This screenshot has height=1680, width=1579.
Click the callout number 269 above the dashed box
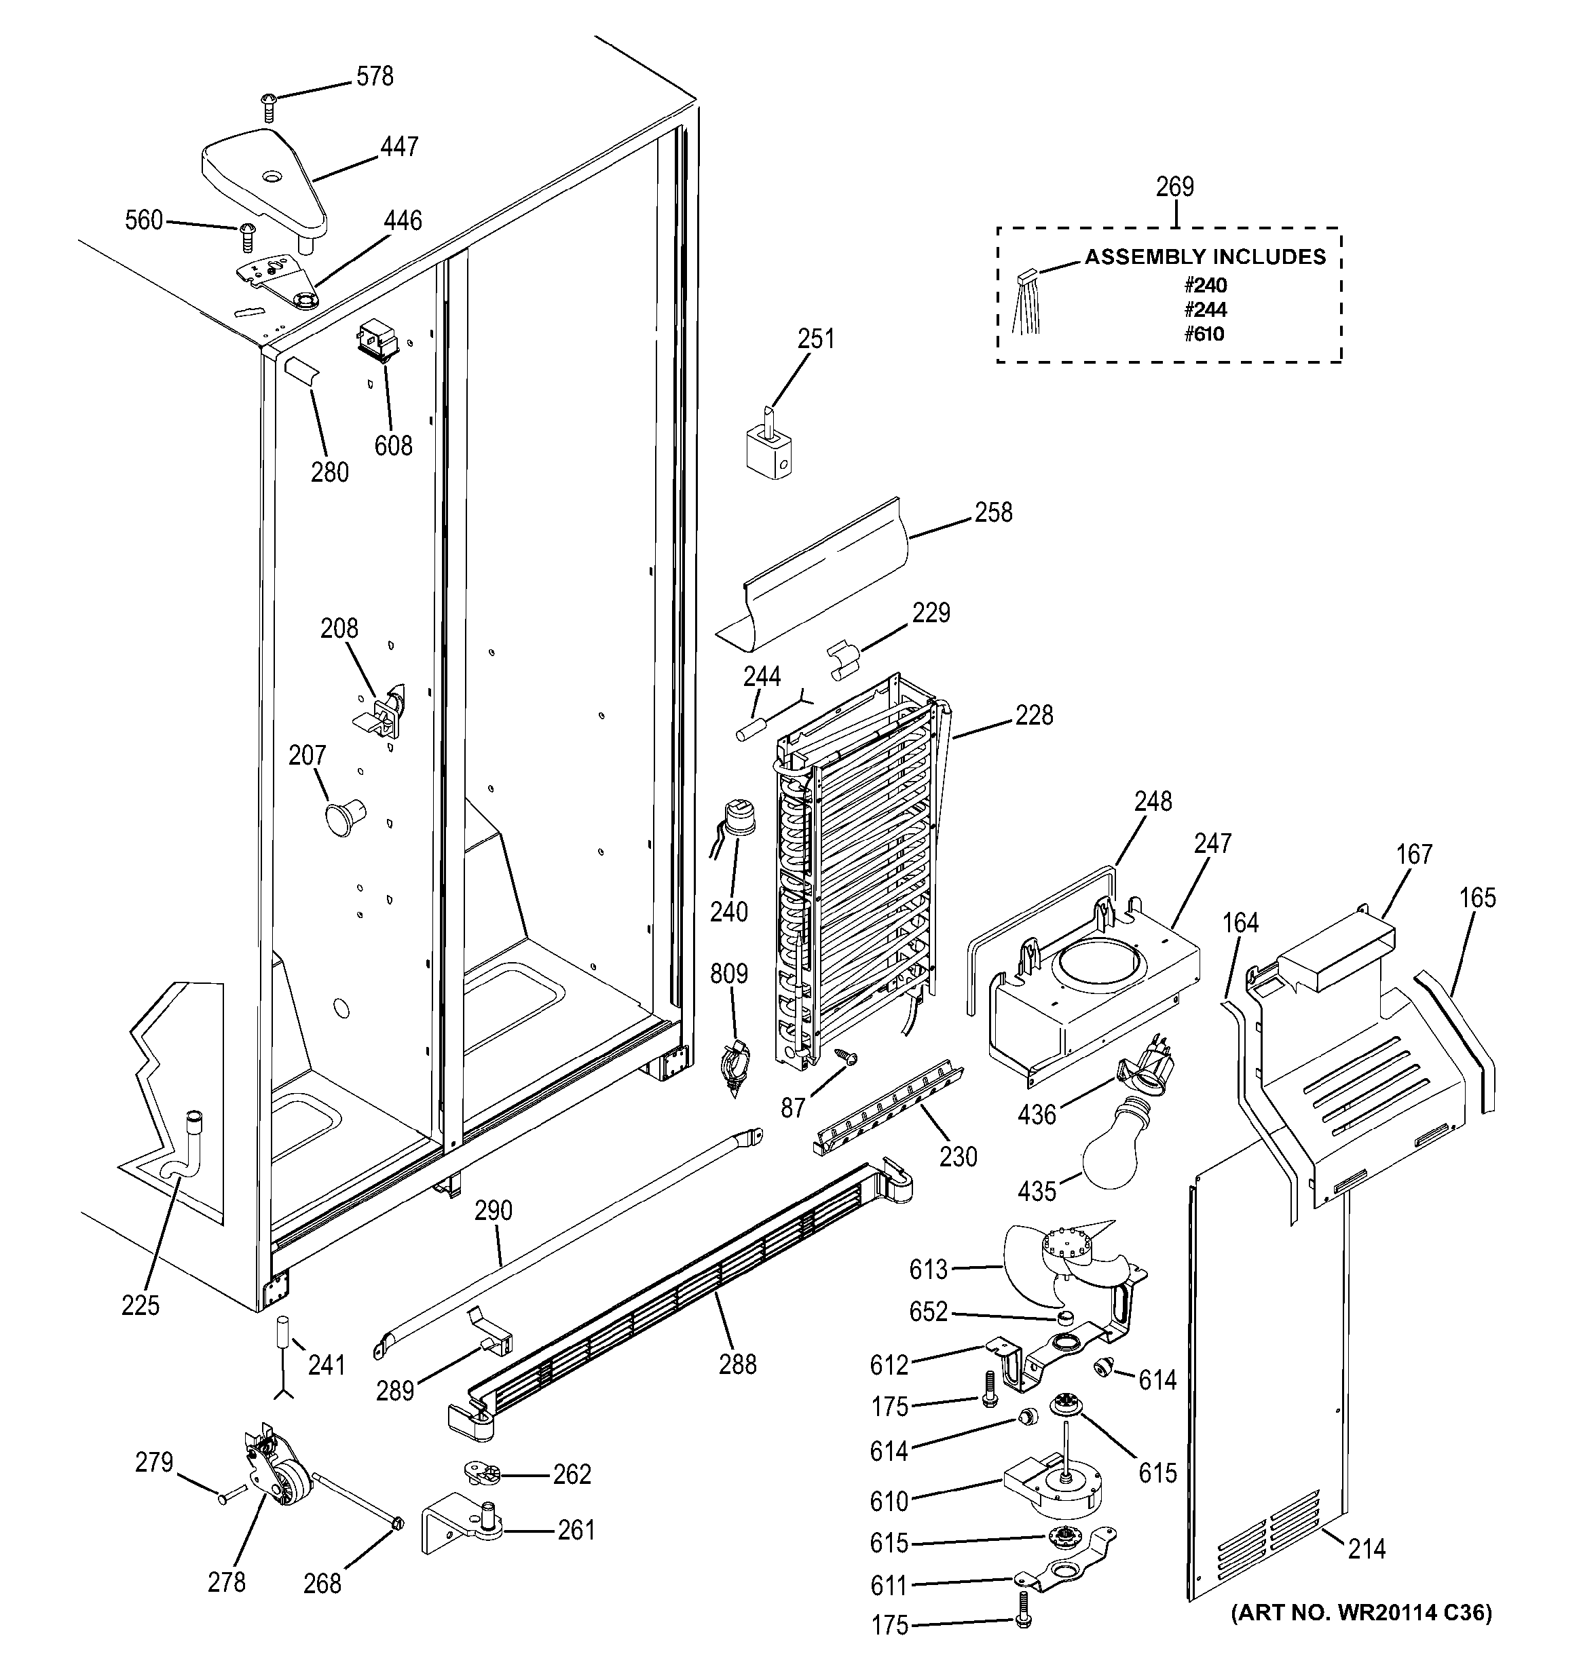click(x=1174, y=187)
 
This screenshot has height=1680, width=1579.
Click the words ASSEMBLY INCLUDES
click(x=1204, y=257)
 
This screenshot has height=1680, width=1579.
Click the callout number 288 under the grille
click(x=737, y=1364)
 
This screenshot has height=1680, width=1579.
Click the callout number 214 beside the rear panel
click(x=1366, y=1548)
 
